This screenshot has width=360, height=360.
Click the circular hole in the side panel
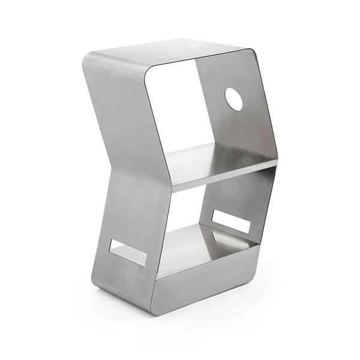tap(234, 99)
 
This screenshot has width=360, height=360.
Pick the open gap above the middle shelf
tap(174, 108)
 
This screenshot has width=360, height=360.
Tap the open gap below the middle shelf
tap(186, 204)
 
